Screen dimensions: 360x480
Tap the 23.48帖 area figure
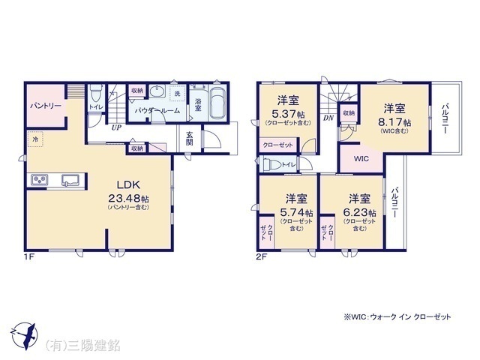(x=128, y=199)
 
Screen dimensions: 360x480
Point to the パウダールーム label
(x=156, y=109)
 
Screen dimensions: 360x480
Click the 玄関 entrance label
(x=190, y=137)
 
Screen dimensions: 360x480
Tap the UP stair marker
(x=117, y=127)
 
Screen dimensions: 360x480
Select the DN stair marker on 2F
(x=328, y=118)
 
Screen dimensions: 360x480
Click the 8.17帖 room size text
(x=394, y=122)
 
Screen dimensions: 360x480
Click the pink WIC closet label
(x=361, y=159)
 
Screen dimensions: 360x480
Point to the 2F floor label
(x=260, y=256)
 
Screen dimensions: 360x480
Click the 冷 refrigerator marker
(x=34, y=139)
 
